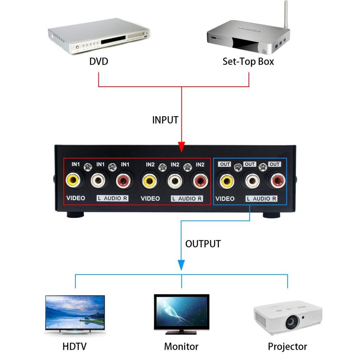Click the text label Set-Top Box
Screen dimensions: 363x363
tap(248, 62)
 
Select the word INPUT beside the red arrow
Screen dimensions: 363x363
tap(165, 120)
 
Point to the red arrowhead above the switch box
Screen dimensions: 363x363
tap(181, 146)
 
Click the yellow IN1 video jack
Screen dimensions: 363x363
tap(74, 180)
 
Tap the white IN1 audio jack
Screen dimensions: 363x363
tap(99, 180)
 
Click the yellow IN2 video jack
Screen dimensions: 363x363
tap(150, 180)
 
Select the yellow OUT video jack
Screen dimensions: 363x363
tap(226, 180)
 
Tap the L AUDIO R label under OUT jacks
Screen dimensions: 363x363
tap(261, 198)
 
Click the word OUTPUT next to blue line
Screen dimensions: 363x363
tap(203, 244)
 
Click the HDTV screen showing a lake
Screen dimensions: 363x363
tap(75, 312)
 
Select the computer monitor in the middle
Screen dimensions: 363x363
tap(181, 312)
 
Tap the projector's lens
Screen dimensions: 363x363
tap(291, 321)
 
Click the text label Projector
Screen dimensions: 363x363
tap(287, 346)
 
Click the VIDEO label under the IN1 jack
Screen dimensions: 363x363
tap(75, 198)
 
